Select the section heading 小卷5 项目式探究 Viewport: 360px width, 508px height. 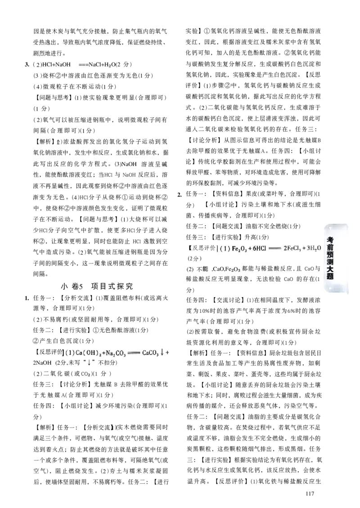(97, 286)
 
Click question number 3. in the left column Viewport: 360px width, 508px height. (27, 64)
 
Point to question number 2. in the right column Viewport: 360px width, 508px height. (180, 194)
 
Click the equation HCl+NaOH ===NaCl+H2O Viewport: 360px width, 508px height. (78, 64)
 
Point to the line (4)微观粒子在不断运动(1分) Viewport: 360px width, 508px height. (75, 86)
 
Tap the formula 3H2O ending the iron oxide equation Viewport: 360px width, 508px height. (314, 248)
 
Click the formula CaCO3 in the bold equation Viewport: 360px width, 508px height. (150, 352)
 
